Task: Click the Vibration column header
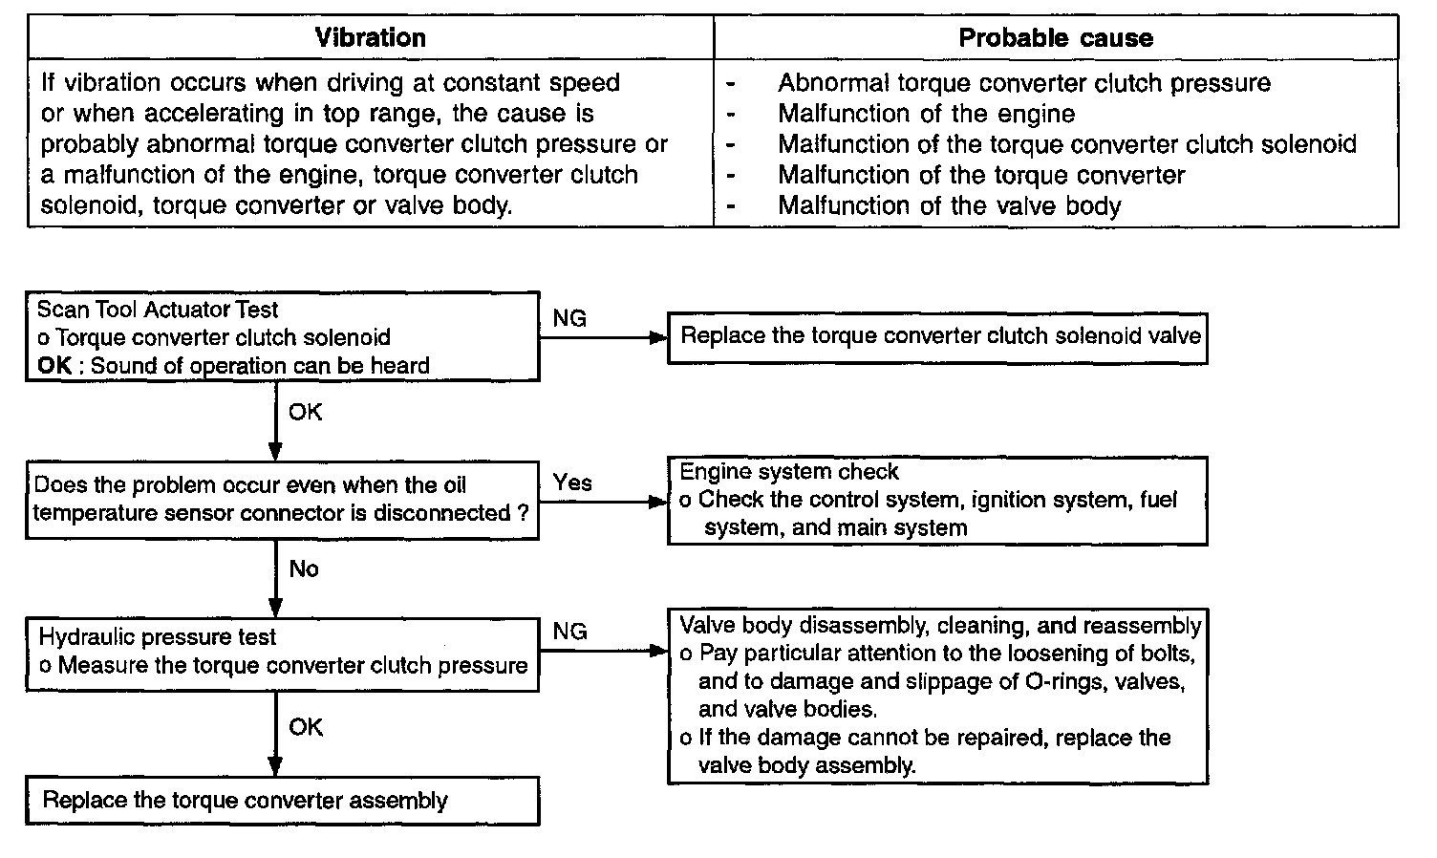[x=371, y=38]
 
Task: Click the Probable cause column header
[x=1056, y=38]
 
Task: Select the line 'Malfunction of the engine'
[x=926, y=114]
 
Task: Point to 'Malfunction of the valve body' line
[x=949, y=205]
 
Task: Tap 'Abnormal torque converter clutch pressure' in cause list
[x=1024, y=83]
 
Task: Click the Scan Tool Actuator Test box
[x=282, y=337]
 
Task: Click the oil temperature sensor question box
[x=282, y=499]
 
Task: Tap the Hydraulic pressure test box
[x=282, y=653]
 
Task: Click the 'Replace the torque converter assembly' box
[x=282, y=801]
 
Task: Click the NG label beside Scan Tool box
[x=569, y=319]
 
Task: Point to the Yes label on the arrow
[x=572, y=483]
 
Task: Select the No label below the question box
[x=304, y=569]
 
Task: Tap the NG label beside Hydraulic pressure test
[x=569, y=632]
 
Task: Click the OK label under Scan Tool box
[x=306, y=413]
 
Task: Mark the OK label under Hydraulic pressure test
[x=306, y=728]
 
